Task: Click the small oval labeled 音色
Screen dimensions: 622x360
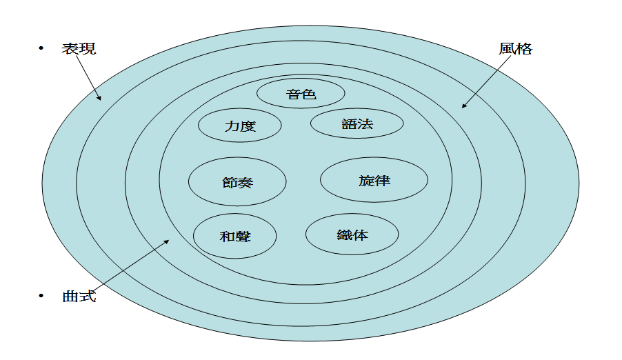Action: pyautogui.click(x=301, y=93)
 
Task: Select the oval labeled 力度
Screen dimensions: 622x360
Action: pyautogui.click(x=240, y=126)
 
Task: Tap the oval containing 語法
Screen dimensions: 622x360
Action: pyautogui.click(x=357, y=124)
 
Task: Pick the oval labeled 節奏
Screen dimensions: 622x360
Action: pyautogui.click(x=237, y=182)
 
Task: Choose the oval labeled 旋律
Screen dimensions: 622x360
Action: pyautogui.click(x=374, y=180)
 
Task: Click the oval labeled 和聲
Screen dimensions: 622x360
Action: pyautogui.click(x=234, y=237)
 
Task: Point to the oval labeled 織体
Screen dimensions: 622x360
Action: pyautogui.click(x=352, y=234)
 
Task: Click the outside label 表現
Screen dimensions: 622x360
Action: pyautogui.click(x=78, y=48)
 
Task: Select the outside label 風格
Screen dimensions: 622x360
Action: pyautogui.click(x=516, y=49)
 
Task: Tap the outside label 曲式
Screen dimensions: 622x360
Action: pyautogui.click(x=79, y=297)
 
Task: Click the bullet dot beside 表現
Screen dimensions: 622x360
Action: pyautogui.click(x=41, y=48)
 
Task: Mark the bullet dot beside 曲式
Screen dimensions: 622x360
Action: pyautogui.click(x=41, y=296)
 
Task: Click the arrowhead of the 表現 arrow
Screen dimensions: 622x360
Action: pyautogui.click(x=100, y=99)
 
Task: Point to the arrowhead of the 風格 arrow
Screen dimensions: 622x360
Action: pyautogui.click(x=463, y=106)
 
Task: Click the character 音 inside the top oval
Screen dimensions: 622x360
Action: pyautogui.click(x=293, y=93)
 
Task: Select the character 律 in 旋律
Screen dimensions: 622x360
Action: pyautogui.click(x=383, y=180)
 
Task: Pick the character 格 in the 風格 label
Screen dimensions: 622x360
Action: pyautogui.click(x=524, y=49)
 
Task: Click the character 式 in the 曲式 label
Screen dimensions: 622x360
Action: pyautogui.click(x=87, y=297)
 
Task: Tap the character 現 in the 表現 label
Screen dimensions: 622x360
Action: pyautogui.click(x=87, y=48)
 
